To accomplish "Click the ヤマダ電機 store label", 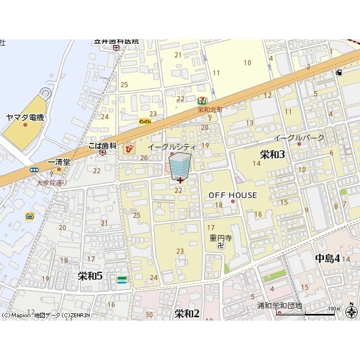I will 25,117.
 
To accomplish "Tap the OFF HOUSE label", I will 232,195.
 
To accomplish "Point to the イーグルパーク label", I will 299,138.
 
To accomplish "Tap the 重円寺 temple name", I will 220,237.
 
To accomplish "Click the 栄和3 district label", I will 272,154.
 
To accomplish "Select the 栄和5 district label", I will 90,276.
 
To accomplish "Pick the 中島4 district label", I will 327,259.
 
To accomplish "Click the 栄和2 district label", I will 187,313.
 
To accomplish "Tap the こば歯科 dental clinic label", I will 102,145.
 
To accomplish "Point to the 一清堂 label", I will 59,162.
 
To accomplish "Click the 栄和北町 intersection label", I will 210,110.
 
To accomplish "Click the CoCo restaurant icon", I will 145,121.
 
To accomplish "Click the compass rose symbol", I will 352,311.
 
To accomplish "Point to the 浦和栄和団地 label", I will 280,306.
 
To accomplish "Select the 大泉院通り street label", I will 52,182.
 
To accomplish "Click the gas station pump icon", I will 339,72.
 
